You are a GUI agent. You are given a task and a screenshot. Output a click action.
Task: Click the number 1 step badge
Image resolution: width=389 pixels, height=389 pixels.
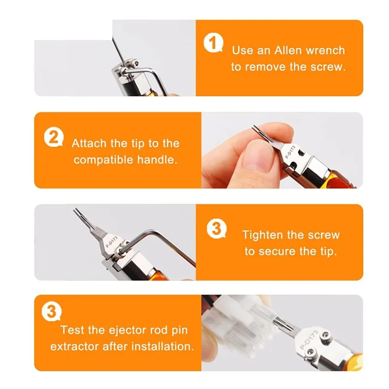213,43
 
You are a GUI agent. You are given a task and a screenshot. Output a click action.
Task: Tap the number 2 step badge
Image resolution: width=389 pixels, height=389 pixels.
53,137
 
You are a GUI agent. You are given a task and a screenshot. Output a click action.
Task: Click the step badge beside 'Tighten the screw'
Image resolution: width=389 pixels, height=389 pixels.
216,229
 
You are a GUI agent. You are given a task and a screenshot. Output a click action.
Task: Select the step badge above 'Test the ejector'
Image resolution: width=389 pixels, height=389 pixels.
52,311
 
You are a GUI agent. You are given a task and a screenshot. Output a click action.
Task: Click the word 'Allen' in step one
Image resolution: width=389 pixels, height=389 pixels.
288,51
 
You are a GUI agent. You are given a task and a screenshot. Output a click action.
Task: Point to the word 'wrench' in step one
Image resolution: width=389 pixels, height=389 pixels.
325,51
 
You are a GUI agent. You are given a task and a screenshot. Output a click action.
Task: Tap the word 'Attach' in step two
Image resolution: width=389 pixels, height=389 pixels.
89,143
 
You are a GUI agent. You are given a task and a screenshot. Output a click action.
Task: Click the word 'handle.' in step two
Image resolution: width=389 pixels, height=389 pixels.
157,160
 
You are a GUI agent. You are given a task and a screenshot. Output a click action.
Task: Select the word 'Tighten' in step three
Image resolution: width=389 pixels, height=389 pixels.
261,235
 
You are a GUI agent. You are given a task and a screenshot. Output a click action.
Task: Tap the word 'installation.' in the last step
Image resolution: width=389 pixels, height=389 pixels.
162,346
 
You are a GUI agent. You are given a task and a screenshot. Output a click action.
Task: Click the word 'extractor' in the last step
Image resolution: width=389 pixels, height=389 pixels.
74,347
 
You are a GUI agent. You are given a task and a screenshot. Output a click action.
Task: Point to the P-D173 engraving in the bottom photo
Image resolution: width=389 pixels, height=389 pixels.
309,340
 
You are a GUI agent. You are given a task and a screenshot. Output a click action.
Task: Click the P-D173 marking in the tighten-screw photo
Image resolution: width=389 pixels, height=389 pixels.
112,242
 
